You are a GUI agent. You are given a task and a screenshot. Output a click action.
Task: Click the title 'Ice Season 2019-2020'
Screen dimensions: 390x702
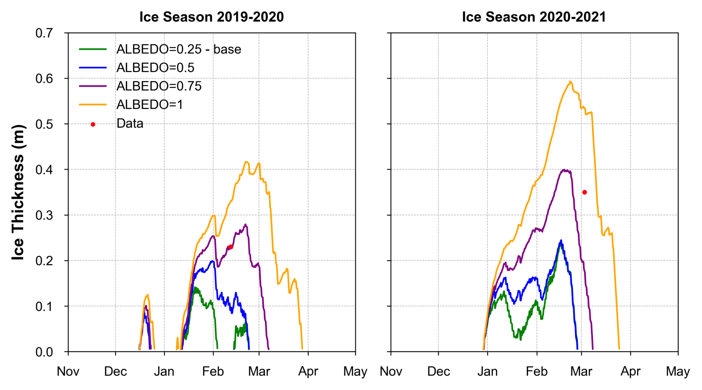[211, 17]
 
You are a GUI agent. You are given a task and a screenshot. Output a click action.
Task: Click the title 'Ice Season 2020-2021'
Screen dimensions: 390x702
[534, 17]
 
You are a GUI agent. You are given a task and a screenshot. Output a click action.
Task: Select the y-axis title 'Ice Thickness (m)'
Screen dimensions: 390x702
[18, 192]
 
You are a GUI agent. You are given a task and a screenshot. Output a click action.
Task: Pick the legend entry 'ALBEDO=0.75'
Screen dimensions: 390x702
[159, 86]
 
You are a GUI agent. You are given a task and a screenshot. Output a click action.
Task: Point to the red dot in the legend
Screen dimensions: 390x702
[93, 125]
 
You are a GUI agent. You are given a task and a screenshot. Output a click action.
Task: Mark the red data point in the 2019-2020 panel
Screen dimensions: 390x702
[231, 247]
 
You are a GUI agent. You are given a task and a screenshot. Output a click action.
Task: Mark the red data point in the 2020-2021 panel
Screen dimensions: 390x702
[585, 192]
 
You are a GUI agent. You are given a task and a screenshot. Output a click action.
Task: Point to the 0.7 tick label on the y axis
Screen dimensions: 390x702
[44, 33]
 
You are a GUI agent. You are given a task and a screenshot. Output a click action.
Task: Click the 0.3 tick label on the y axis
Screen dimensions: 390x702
[44, 215]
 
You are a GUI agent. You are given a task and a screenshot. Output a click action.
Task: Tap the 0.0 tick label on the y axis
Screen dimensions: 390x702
[44, 352]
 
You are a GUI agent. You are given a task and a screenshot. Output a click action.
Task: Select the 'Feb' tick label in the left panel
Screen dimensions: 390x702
[213, 371]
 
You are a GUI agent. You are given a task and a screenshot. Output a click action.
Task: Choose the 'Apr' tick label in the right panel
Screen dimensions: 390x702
[630, 371]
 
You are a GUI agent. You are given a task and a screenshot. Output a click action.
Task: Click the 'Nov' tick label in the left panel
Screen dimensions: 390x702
[68, 371]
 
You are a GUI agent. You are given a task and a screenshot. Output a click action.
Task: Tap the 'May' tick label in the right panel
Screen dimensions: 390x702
[678, 371]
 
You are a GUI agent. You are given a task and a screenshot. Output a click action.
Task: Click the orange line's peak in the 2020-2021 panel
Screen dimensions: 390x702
[570, 82]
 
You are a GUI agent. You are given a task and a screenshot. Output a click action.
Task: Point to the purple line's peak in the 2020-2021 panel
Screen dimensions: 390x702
[565, 170]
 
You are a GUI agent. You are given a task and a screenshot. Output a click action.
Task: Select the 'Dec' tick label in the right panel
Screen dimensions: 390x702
[438, 371]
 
